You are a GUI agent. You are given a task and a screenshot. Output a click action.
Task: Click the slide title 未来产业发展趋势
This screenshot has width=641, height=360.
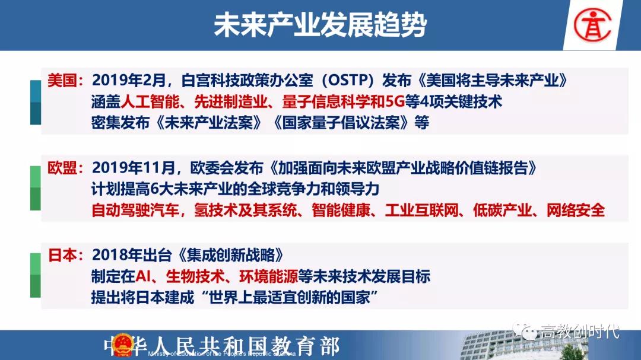[x=320, y=24]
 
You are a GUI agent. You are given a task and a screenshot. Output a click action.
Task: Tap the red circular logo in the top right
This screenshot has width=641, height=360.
[x=592, y=26]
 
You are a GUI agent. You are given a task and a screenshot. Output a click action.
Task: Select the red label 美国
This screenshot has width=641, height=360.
[x=62, y=81]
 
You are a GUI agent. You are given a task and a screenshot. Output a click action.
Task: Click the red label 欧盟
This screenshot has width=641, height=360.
[x=62, y=167]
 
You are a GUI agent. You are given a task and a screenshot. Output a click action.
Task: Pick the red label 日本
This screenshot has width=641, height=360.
[x=62, y=255]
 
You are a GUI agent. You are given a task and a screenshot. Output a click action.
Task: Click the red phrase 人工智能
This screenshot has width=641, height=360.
[x=150, y=102]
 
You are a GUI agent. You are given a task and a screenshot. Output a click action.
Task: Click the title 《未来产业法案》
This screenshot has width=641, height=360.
[x=208, y=123]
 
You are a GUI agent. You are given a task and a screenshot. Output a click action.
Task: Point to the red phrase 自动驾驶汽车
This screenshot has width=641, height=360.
[x=135, y=211]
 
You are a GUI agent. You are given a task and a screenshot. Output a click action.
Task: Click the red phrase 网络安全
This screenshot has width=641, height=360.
[x=575, y=211]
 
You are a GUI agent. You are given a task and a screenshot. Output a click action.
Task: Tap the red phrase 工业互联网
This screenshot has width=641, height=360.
[x=421, y=211]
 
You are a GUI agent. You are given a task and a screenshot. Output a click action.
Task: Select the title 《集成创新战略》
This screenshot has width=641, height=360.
[x=231, y=255]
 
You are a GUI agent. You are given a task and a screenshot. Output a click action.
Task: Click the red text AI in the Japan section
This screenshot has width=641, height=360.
[x=142, y=276]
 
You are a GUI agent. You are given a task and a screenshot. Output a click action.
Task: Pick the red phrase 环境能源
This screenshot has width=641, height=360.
[x=268, y=276]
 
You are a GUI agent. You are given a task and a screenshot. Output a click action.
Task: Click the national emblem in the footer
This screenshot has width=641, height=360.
[x=123, y=345]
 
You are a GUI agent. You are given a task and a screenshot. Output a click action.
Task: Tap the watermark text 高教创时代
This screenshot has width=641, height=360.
[x=580, y=332]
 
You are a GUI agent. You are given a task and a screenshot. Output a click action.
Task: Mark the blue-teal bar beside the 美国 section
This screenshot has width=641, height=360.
[x=36, y=102]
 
